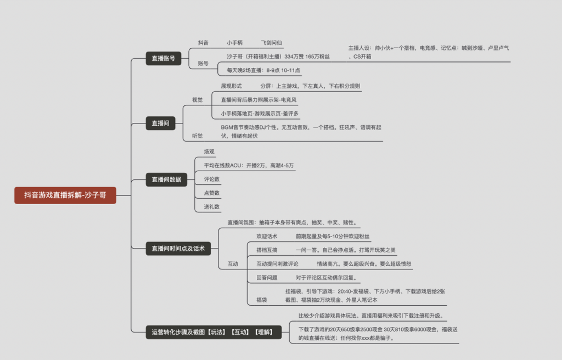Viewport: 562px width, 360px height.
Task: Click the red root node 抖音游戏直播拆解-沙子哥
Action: [x=65, y=195]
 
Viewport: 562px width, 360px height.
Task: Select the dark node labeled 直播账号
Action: [x=163, y=58]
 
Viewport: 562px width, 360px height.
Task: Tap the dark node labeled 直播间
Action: [x=160, y=123]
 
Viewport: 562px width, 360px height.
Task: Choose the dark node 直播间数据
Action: [x=166, y=179]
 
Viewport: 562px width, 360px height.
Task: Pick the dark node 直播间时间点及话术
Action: [x=178, y=249]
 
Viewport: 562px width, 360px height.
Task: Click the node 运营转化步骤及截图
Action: [x=213, y=331]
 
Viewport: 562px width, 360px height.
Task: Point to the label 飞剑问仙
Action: [x=272, y=42]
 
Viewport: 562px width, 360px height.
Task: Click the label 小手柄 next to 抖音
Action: [x=235, y=42]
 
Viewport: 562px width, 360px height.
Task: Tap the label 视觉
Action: [x=197, y=100]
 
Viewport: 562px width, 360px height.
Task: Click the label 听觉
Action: [x=197, y=136]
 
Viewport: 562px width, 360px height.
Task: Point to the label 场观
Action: [x=209, y=151]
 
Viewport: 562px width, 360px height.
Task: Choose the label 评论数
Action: [x=212, y=179]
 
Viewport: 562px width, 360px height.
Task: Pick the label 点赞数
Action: [x=212, y=193]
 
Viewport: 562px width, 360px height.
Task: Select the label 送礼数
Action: [x=212, y=206]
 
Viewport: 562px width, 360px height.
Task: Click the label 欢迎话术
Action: [x=267, y=236]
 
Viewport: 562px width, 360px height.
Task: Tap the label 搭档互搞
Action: [x=267, y=250]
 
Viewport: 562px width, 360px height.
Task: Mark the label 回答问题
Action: [x=267, y=277]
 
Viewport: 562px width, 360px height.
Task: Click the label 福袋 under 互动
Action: [x=261, y=300]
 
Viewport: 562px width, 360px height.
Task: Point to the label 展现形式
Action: [x=231, y=86]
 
